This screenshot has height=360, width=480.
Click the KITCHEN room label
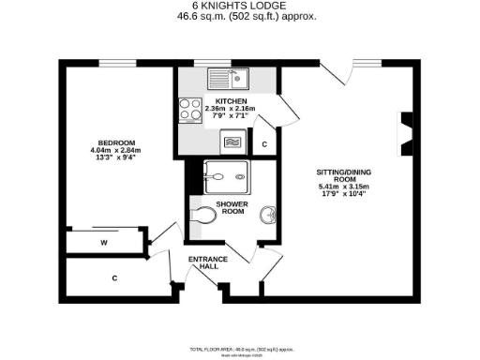pos(230,101)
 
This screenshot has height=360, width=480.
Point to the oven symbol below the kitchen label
pos(230,142)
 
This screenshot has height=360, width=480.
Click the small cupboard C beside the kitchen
pos(264,144)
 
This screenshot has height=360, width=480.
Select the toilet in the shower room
pos(202,215)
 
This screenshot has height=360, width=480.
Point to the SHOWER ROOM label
pos(232,208)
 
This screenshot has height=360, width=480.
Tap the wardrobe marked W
pos(103,241)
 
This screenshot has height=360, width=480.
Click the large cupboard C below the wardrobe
pos(114,277)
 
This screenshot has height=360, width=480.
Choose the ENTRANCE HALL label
pos(203,262)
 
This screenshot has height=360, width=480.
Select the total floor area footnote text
pos(239,348)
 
